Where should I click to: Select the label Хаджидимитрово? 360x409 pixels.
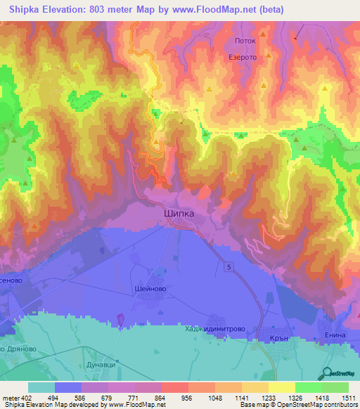216,327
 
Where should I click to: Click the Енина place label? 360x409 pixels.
335,336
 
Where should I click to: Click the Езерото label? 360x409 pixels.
240,59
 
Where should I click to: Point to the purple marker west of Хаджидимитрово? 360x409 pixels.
120,320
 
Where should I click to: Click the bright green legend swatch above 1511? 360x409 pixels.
335,387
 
